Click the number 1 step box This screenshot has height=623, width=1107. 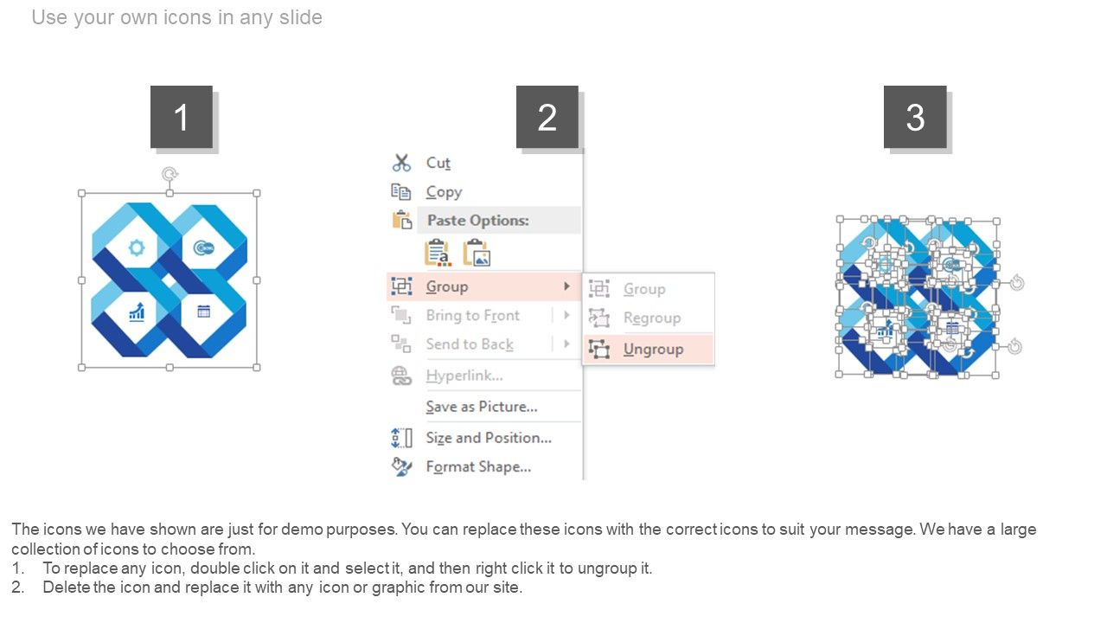(x=182, y=117)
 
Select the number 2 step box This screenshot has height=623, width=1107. (x=547, y=117)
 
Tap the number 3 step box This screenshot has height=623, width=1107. (x=915, y=117)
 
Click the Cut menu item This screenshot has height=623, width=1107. (x=438, y=163)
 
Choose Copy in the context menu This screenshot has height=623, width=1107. (x=444, y=192)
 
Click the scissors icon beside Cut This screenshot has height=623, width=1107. (x=401, y=163)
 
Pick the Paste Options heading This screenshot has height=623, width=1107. (x=477, y=220)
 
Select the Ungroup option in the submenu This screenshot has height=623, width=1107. (x=653, y=349)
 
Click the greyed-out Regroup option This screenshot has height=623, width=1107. (x=652, y=318)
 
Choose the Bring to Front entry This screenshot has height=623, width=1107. (x=472, y=316)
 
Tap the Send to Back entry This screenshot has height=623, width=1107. (x=470, y=344)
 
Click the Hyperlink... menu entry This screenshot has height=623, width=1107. (x=464, y=376)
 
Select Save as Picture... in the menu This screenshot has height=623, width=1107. (x=482, y=407)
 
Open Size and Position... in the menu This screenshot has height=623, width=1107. (x=489, y=438)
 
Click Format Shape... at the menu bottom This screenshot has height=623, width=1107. (x=478, y=466)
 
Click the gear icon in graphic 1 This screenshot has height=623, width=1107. (x=137, y=247)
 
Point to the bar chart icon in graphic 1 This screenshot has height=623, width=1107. (x=137, y=312)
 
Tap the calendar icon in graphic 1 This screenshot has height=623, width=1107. (x=203, y=311)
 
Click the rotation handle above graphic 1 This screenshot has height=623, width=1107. (x=170, y=174)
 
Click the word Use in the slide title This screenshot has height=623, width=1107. (x=49, y=17)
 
